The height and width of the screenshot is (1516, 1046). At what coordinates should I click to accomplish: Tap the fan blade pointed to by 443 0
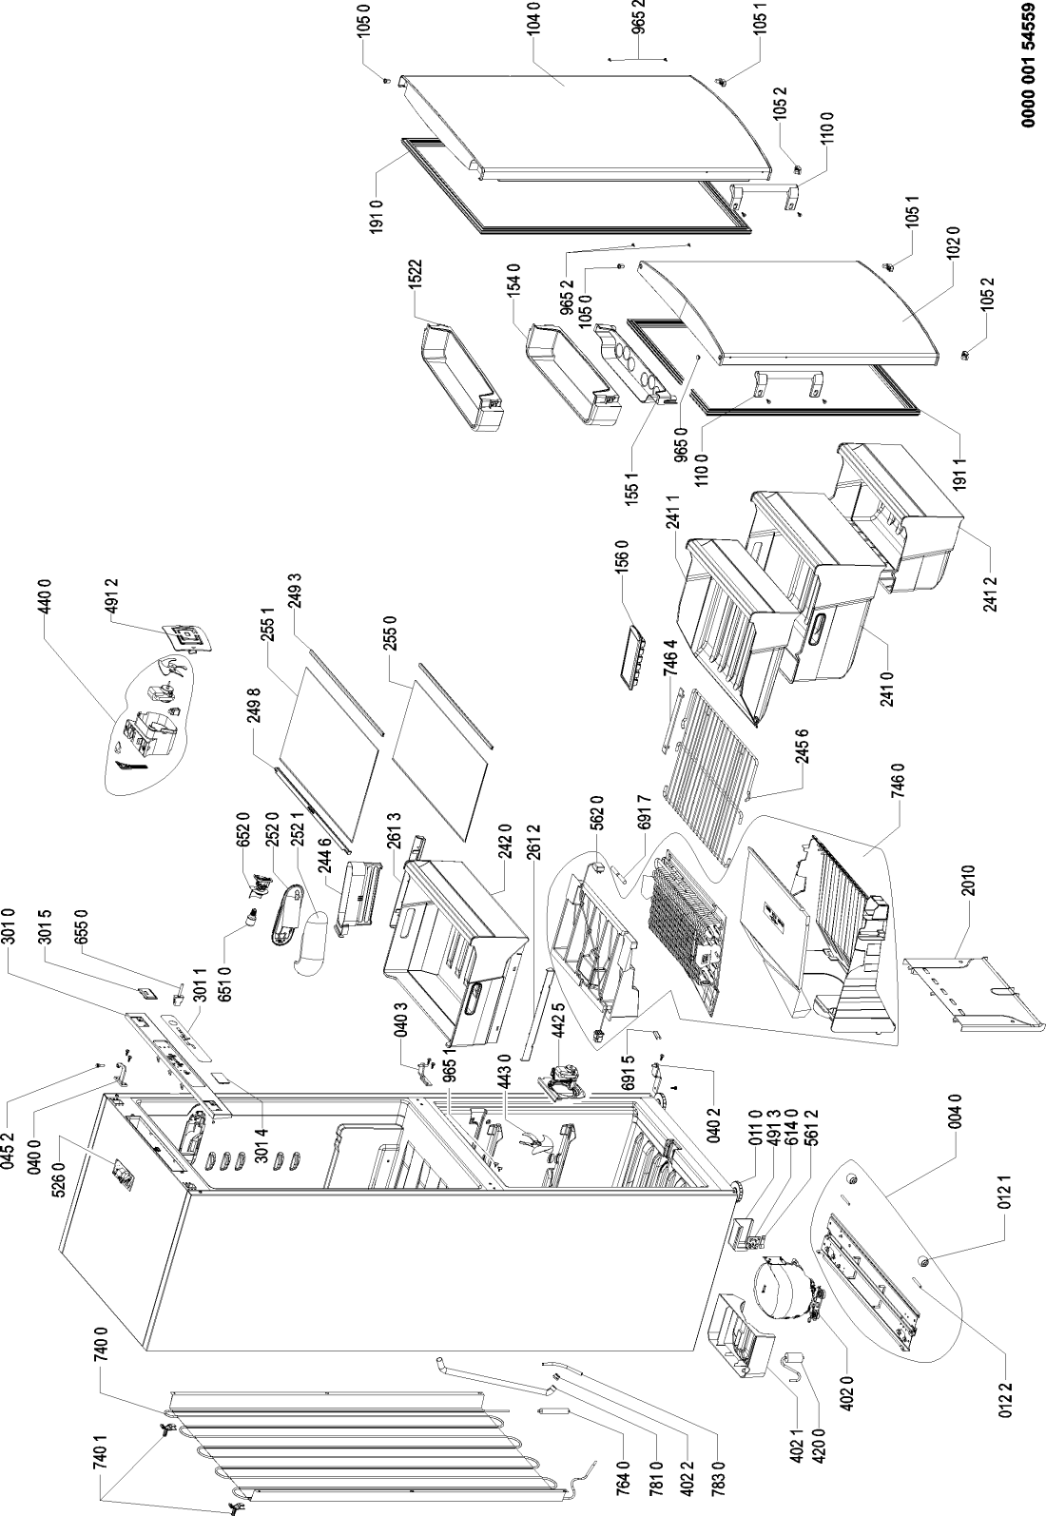[x=531, y=1146]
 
